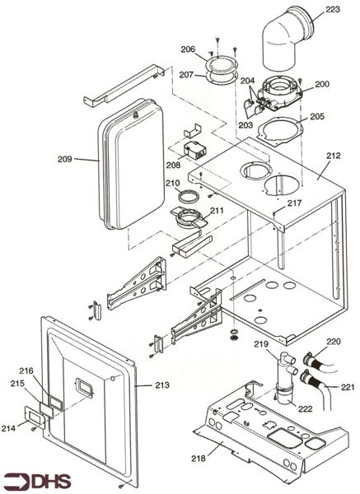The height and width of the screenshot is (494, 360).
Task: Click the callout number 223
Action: click(332, 10)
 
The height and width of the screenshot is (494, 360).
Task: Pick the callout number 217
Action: click(295, 203)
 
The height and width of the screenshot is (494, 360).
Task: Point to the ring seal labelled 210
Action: click(189, 198)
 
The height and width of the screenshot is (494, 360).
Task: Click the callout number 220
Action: click(333, 341)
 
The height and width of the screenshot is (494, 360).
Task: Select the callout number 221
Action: click(347, 387)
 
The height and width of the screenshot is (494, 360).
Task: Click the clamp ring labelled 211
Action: click(189, 219)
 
